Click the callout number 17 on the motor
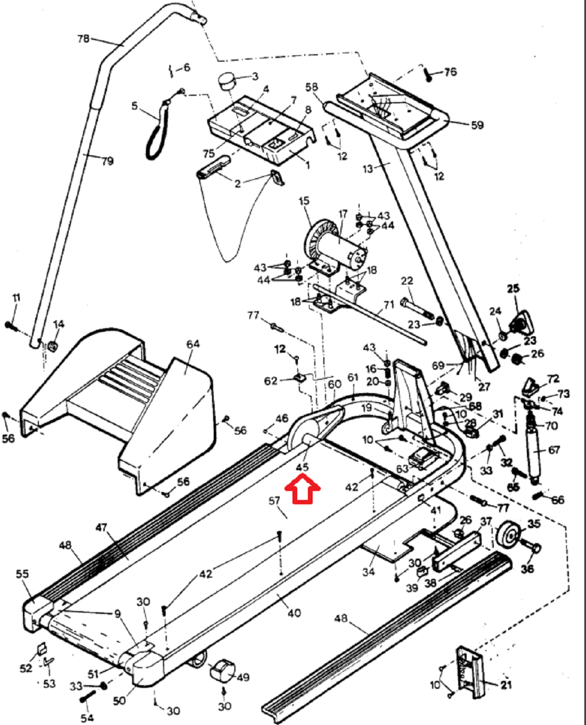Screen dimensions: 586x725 [343, 214]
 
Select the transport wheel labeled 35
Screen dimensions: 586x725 [508, 535]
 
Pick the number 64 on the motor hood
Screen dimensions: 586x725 [193, 344]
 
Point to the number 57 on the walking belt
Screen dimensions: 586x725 [274, 501]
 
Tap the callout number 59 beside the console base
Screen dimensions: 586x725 [477, 125]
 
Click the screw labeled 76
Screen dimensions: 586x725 [428, 75]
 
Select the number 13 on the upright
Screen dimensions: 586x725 [368, 169]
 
